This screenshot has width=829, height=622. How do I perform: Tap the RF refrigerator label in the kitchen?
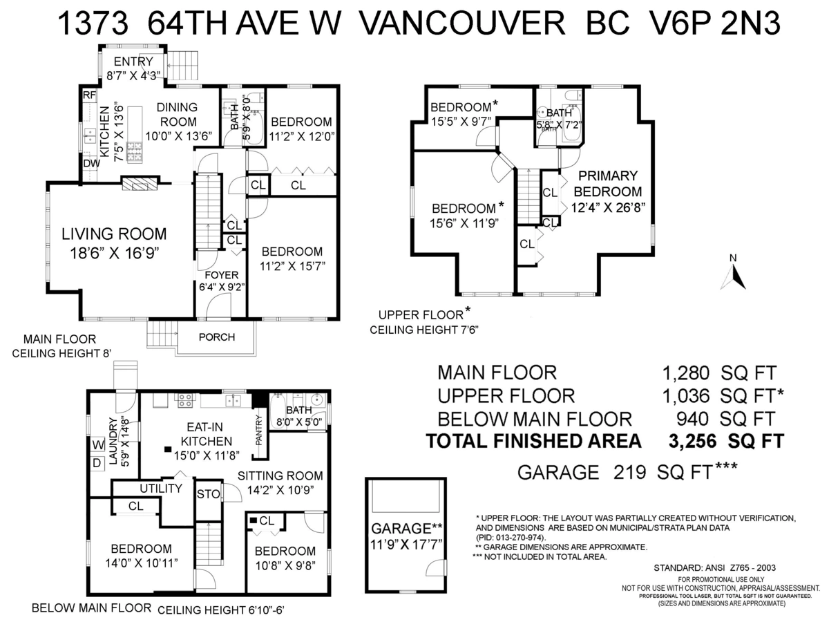click(x=88, y=95)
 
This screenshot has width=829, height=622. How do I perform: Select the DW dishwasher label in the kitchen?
click(x=90, y=163)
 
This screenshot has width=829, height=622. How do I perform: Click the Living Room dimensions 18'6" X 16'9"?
click(x=114, y=253)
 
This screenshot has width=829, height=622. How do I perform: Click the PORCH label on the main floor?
click(x=216, y=337)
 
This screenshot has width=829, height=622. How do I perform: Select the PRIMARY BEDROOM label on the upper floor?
click(x=606, y=184)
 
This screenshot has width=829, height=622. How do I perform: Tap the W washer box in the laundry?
click(x=96, y=444)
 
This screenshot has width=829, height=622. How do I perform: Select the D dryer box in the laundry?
click(x=96, y=461)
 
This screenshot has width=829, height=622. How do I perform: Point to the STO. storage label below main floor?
click(x=208, y=493)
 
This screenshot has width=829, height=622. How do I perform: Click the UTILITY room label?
click(x=160, y=489)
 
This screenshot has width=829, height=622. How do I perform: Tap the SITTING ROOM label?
click(x=280, y=475)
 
